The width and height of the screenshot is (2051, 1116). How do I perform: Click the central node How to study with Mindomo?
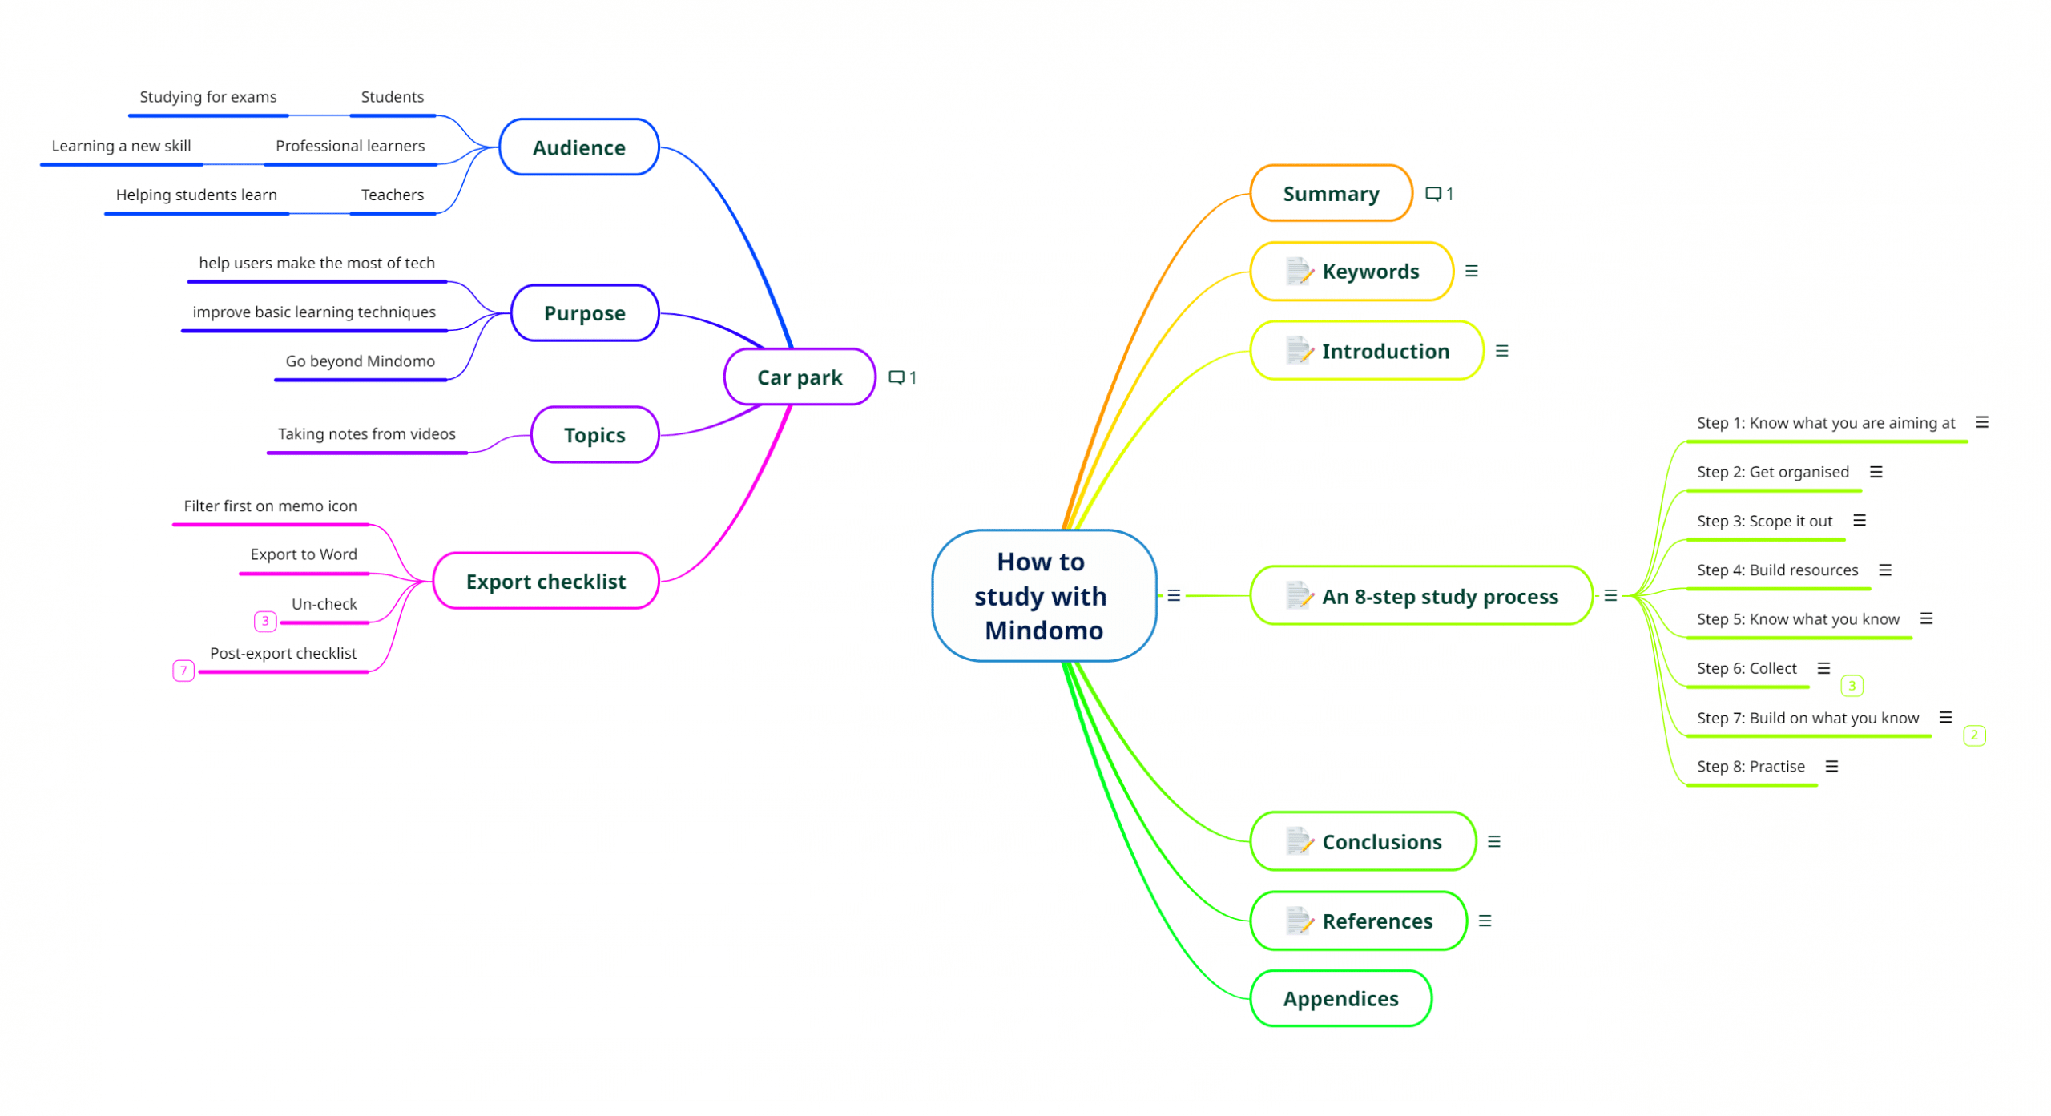click(1044, 595)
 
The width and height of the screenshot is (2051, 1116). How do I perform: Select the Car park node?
click(800, 377)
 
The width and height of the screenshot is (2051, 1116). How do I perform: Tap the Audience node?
click(578, 147)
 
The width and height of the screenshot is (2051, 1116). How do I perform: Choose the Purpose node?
click(584, 313)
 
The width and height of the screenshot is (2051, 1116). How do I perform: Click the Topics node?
click(594, 435)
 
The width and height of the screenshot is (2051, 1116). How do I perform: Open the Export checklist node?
click(546, 581)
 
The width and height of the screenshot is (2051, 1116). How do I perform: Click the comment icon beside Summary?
click(1433, 194)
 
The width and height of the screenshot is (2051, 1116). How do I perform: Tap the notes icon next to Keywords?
click(1472, 272)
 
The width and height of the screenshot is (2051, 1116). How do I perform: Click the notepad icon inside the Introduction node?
click(1299, 351)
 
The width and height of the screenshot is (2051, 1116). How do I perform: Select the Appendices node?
click(1340, 998)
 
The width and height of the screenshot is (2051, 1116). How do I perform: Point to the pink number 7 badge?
click(183, 671)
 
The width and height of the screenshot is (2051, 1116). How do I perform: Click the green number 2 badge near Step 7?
click(1974, 735)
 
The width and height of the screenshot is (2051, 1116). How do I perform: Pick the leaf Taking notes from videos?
click(367, 434)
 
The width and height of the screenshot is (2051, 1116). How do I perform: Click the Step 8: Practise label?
click(1751, 767)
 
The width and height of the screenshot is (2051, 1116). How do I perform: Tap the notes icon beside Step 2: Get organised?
click(1876, 472)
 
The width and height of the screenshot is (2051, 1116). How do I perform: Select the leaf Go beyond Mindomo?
click(361, 361)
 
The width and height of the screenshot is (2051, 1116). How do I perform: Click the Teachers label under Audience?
click(393, 195)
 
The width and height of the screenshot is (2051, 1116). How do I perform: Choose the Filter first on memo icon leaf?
click(271, 506)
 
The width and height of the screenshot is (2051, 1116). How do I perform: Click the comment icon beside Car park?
click(897, 377)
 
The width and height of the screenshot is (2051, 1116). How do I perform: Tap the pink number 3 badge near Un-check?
click(265, 621)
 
